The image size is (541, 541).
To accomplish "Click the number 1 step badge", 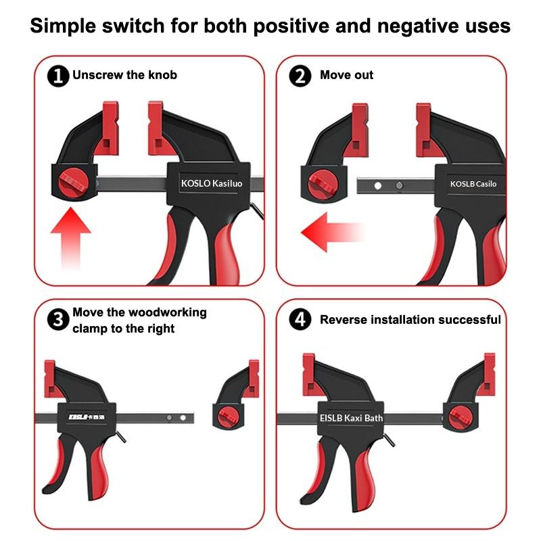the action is point(58,76).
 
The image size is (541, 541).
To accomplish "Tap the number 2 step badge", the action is point(300,76).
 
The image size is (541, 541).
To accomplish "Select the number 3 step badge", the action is point(58,319).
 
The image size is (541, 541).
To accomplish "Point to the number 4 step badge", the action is point(300,319).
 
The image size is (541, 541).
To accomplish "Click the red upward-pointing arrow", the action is point(71,238).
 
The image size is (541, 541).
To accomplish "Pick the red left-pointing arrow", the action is point(333,232).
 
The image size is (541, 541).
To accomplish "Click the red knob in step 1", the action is point(74,183).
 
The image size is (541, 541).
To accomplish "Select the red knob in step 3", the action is point(228,417).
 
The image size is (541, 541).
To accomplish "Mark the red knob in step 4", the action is point(461,417).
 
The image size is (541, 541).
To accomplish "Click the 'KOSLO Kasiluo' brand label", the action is point(212,183).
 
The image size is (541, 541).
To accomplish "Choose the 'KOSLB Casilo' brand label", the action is point(473,184).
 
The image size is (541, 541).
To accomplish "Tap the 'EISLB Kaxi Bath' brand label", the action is point(351,418).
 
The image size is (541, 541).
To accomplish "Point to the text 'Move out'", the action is point(346,75).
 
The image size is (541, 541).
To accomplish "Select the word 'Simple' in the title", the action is point(63,26).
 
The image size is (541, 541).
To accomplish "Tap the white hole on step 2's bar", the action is point(378,185).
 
